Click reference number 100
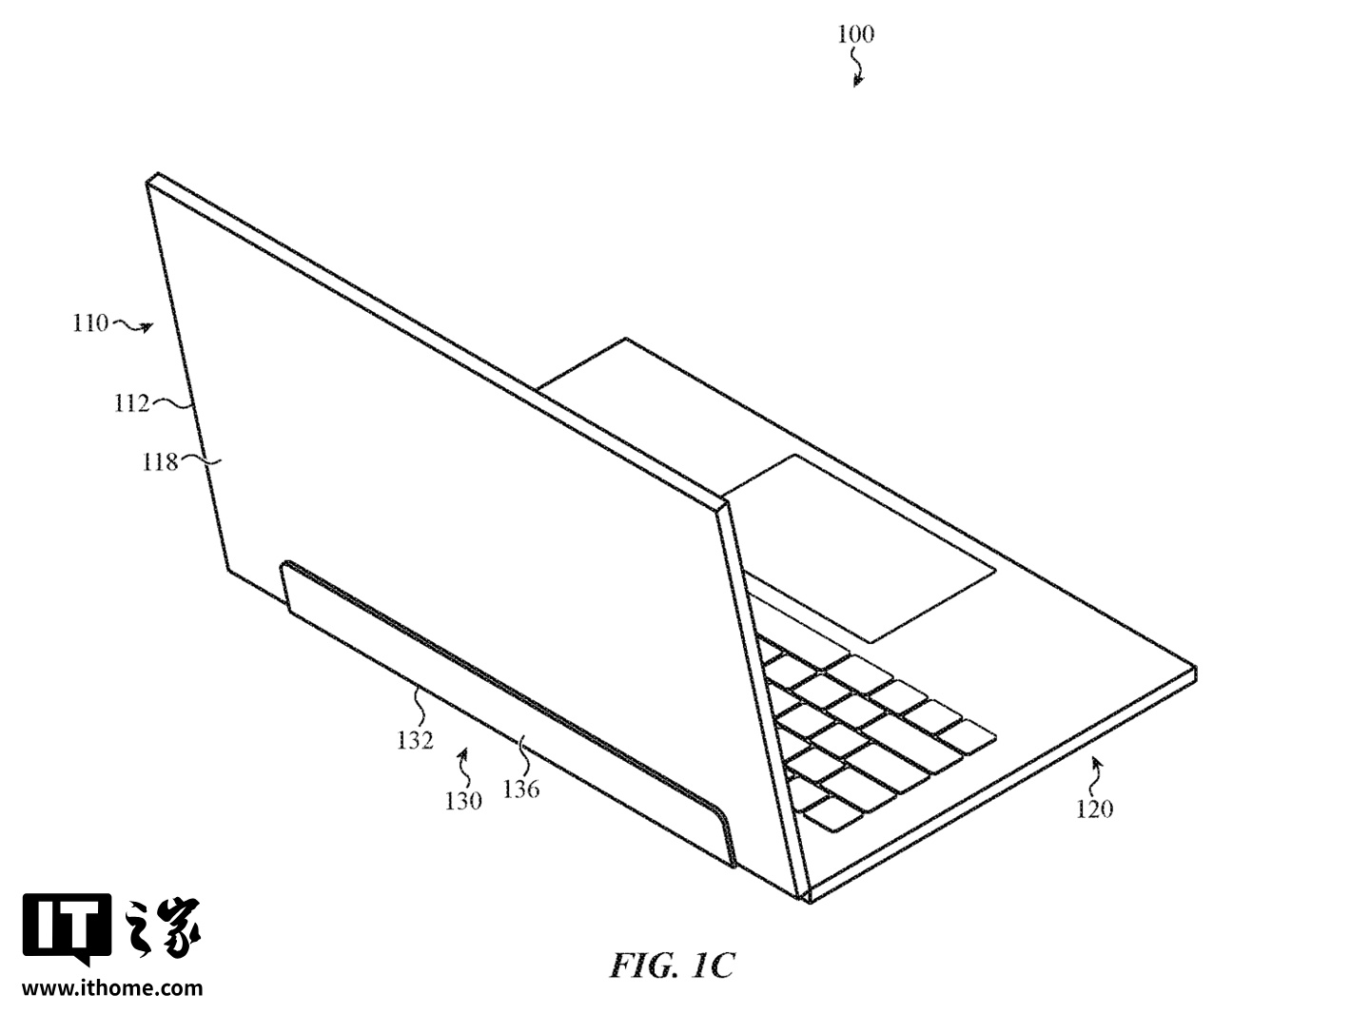point(855,34)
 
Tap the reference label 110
point(90,323)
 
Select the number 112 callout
point(131,404)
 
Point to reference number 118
point(160,462)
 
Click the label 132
point(415,740)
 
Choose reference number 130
point(463,801)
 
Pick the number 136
point(521,790)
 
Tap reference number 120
point(1094,809)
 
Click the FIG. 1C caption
point(672,965)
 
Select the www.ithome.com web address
point(112,988)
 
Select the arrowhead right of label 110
point(147,327)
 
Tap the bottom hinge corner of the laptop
point(809,903)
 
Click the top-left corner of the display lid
point(148,182)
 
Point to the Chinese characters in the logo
point(162,928)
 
